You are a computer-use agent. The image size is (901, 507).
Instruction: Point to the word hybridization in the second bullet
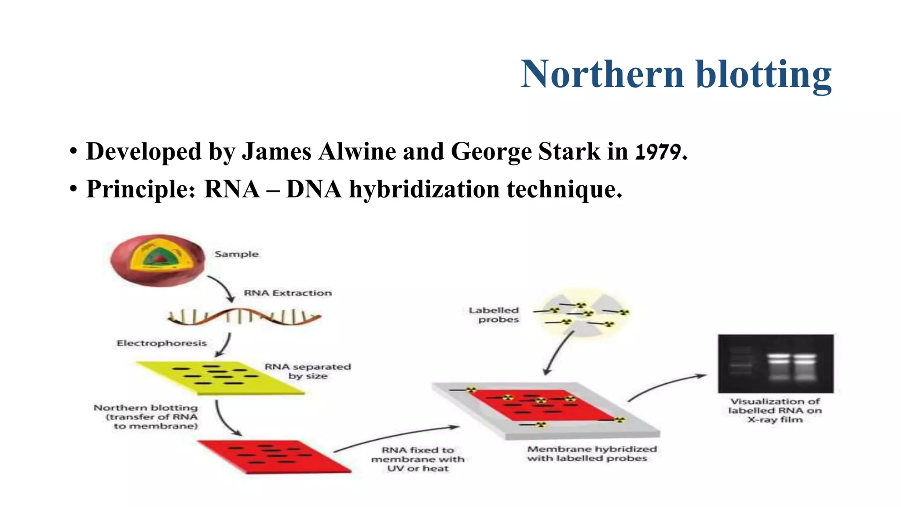click(424, 190)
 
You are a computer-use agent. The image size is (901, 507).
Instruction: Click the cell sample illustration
click(157, 260)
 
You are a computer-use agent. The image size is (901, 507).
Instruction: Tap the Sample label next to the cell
click(236, 254)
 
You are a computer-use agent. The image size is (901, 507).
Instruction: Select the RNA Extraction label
click(288, 293)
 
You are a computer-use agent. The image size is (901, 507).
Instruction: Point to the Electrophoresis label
click(161, 343)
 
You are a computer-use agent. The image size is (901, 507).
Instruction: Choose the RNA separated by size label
click(308, 371)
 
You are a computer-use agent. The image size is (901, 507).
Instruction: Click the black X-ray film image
click(775, 364)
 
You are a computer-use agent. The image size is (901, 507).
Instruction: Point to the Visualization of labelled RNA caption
click(775, 410)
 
